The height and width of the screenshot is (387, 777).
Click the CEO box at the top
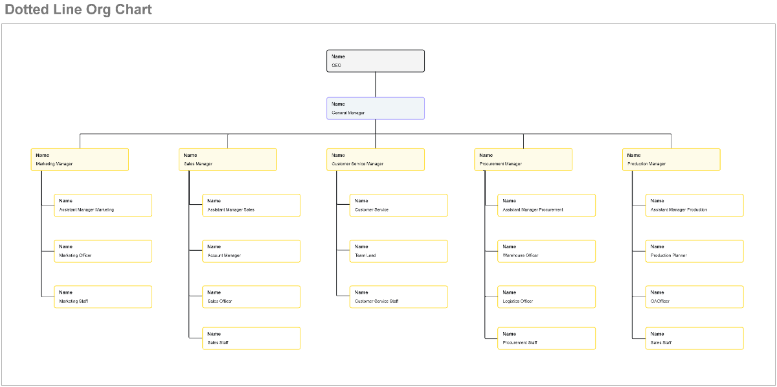pyautogui.click(x=376, y=61)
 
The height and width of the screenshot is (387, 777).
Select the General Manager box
pyautogui.click(x=376, y=108)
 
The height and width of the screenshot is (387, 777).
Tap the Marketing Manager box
pyautogui.click(x=80, y=159)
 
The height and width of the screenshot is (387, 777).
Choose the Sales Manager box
pyautogui.click(x=228, y=159)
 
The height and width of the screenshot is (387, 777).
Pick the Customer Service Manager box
pyautogui.click(x=376, y=159)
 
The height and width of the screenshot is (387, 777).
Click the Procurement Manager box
pyautogui.click(x=523, y=159)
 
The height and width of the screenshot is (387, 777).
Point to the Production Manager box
pyautogui.click(x=671, y=159)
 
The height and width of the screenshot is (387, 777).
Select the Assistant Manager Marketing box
pyautogui.click(x=103, y=205)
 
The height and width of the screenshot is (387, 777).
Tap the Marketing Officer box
pyautogui.click(x=103, y=251)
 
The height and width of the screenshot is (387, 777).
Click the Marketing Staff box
pyautogui.click(x=103, y=297)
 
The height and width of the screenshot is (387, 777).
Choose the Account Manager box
pyautogui.click(x=251, y=251)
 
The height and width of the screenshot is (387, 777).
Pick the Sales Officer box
pyautogui.click(x=251, y=297)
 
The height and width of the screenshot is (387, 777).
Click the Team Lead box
pyautogui.click(x=399, y=251)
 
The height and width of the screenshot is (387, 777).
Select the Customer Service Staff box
pyautogui.click(x=399, y=297)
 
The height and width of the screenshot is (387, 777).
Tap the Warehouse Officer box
pyautogui.click(x=546, y=251)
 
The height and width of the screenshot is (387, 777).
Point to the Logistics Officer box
pyautogui.click(x=546, y=297)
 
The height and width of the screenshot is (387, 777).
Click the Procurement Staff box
pyautogui.click(x=546, y=338)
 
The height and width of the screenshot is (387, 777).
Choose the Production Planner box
pyautogui.click(x=695, y=251)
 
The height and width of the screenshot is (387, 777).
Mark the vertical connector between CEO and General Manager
pyautogui.click(x=376, y=84)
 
